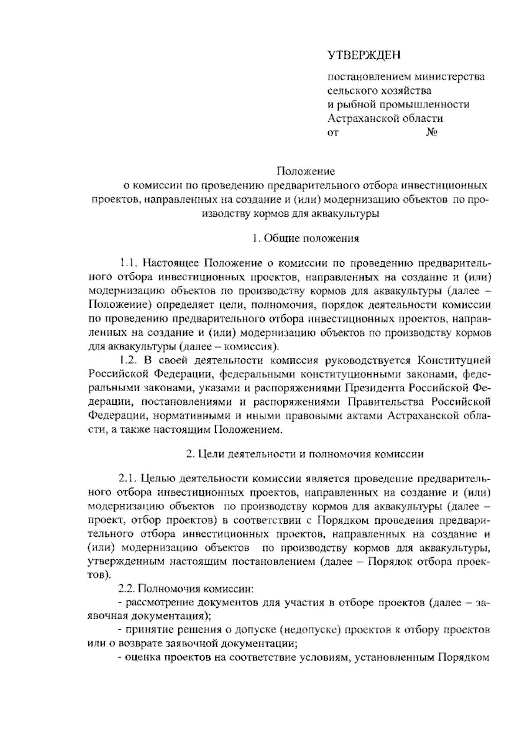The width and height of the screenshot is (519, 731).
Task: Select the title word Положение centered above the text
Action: (306, 171)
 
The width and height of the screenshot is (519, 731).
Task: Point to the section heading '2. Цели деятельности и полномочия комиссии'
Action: (305, 454)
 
